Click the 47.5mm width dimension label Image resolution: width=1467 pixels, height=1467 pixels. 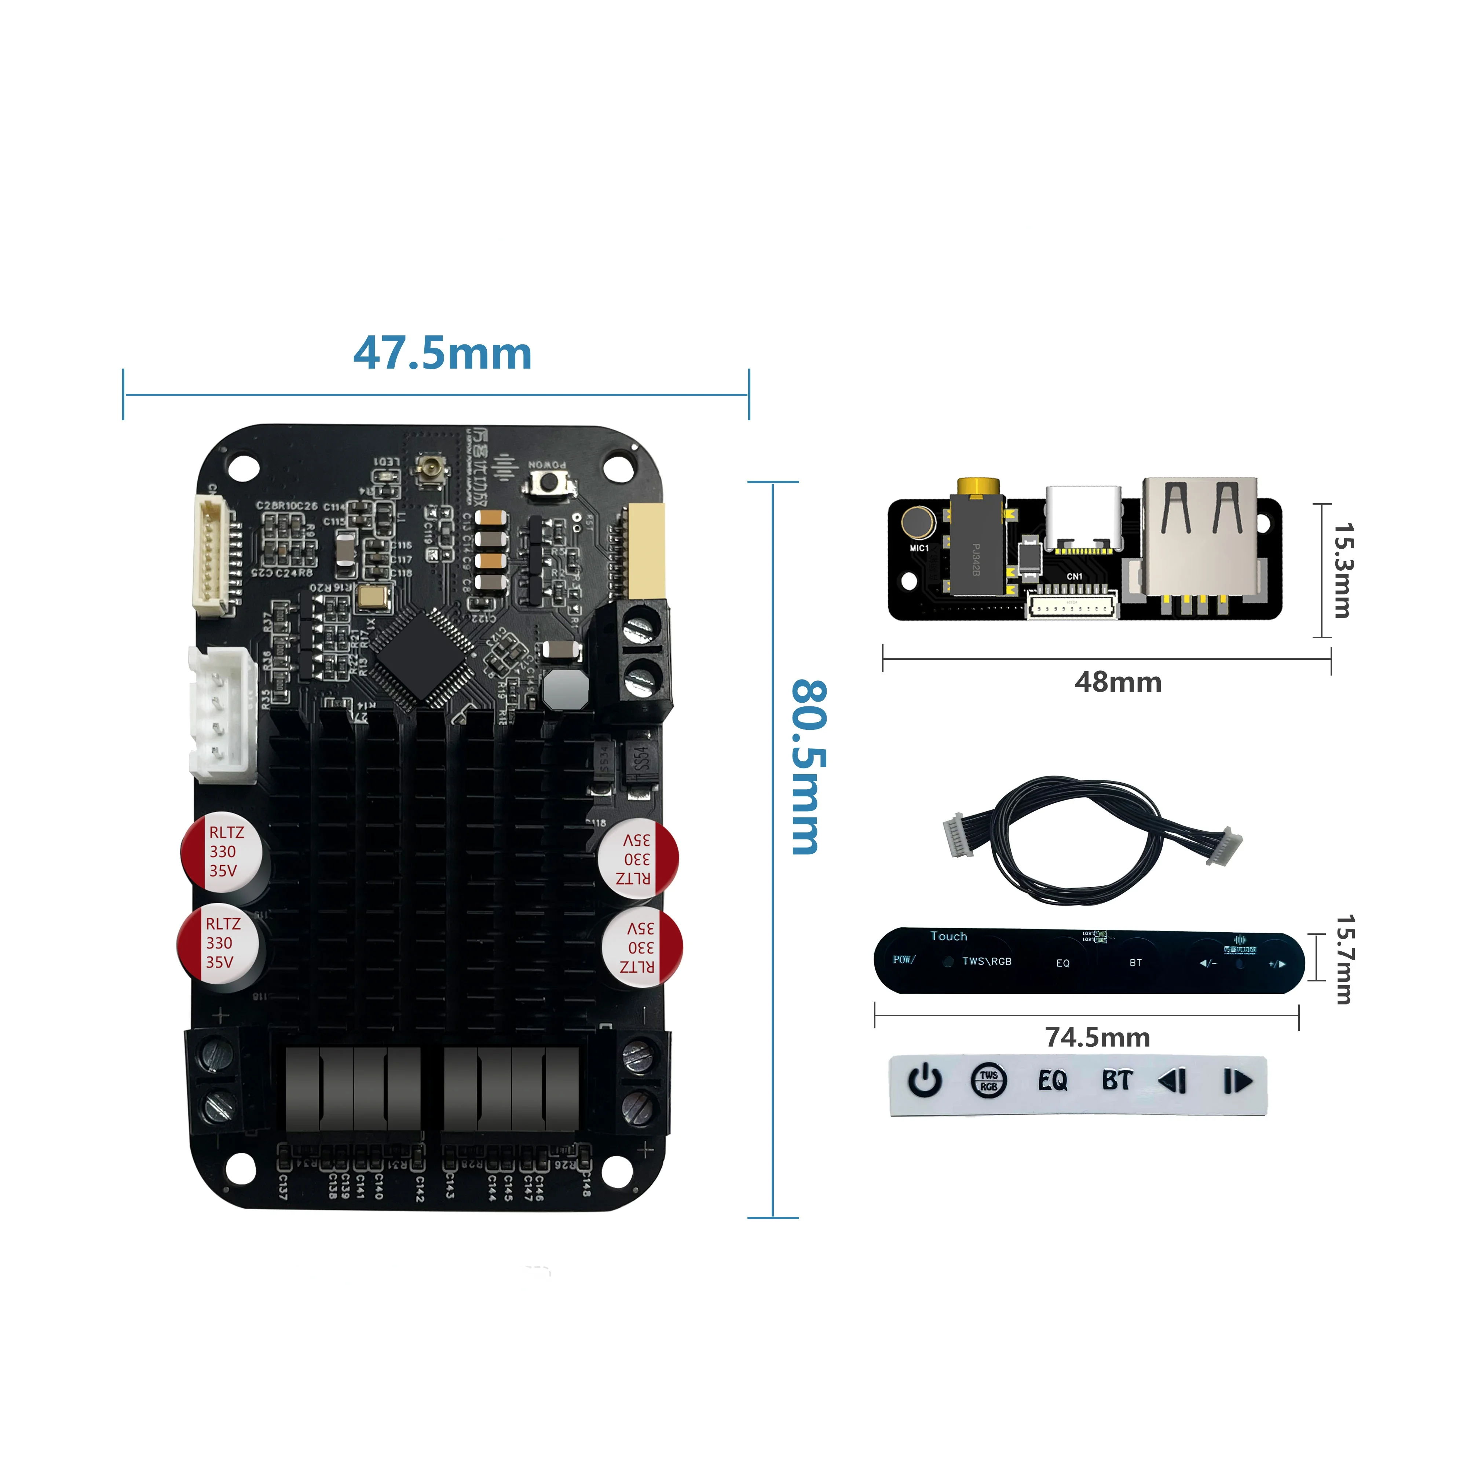(443, 354)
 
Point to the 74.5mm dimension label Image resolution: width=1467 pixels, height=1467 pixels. (1097, 1037)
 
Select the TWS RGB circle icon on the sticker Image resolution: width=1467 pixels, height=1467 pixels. (989, 1081)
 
